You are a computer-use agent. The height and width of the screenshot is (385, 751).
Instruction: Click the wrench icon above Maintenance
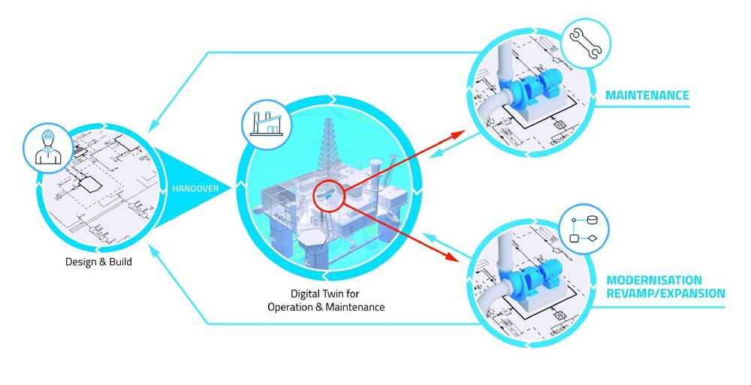(x=585, y=43)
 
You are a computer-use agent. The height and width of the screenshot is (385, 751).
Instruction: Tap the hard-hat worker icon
(x=48, y=148)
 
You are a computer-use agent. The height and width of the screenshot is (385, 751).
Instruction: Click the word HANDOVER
(x=195, y=188)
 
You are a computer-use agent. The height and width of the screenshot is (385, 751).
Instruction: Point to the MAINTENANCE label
(x=647, y=95)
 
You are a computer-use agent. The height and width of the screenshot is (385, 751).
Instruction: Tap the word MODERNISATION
(x=654, y=280)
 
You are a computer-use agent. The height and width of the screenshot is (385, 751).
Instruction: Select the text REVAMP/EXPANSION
(x=665, y=293)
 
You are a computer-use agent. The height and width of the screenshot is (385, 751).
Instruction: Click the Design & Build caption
(x=98, y=262)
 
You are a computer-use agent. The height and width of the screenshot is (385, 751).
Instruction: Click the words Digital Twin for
(x=325, y=293)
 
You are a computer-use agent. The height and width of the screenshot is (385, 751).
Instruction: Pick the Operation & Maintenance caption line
(x=326, y=307)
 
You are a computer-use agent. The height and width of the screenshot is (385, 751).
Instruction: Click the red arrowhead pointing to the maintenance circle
(x=459, y=134)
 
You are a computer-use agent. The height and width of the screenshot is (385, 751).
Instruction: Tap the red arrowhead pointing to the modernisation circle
(x=453, y=256)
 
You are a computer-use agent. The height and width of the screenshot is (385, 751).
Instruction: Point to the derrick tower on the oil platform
(x=328, y=146)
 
